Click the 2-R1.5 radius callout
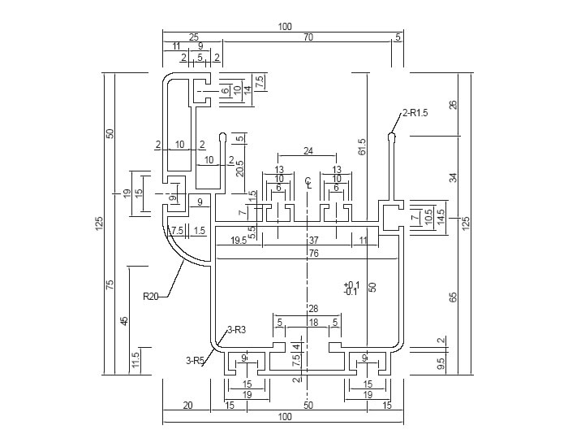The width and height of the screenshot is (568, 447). (415, 113)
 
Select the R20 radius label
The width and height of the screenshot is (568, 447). (151, 296)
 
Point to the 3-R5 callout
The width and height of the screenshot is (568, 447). (196, 358)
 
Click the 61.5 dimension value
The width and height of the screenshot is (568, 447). (363, 146)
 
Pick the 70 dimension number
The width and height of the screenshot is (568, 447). (308, 37)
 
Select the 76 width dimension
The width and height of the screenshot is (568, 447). (313, 253)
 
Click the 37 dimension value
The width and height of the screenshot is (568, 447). (313, 241)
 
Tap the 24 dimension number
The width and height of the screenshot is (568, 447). (308, 151)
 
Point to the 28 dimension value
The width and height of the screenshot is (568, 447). (313, 309)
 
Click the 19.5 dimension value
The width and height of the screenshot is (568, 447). (239, 241)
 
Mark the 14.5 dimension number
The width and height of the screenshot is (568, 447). (441, 218)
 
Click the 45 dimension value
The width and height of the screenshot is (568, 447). (124, 319)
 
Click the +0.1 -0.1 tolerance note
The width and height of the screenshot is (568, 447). (351, 288)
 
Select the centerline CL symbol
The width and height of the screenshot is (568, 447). (308, 181)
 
